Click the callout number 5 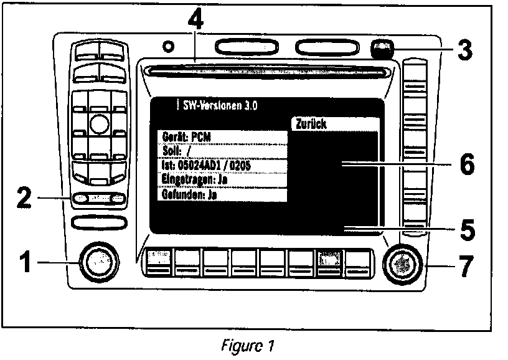click(x=465, y=230)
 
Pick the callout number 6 click(x=465, y=164)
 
